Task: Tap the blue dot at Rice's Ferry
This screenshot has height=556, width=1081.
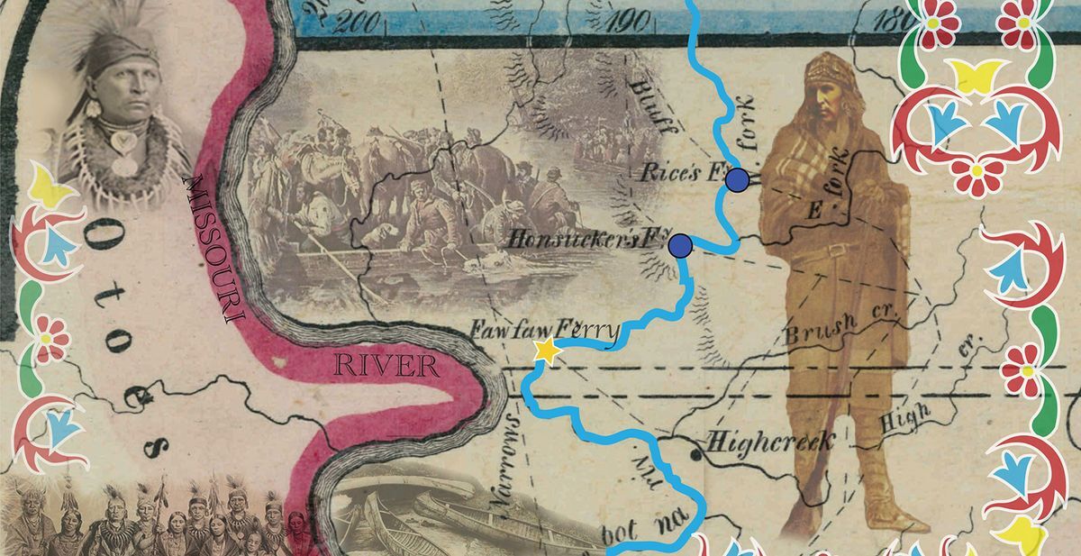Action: (738, 179)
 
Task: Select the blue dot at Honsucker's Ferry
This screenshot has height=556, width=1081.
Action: (680, 244)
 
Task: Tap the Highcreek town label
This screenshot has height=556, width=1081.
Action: (772, 442)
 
